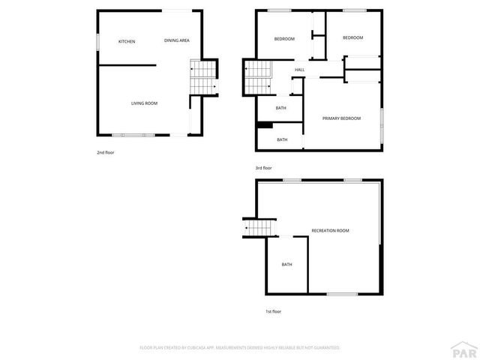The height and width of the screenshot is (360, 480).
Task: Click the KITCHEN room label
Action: (x=127, y=41)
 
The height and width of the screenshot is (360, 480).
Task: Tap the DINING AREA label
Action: (x=177, y=40)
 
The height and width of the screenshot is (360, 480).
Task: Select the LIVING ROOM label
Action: (x=144, y=103)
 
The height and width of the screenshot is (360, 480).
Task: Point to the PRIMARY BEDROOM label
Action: (x=341, y=118)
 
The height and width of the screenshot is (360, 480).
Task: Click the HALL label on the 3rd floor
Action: (x=299, y=70)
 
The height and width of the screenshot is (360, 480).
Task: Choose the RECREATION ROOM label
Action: (x=331, y=230)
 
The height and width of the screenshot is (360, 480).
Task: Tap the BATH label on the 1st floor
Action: (x=286, y=264)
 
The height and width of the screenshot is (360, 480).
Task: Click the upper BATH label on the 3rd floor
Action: (x=280, y=108)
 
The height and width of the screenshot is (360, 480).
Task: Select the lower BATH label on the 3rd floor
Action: (x=282, y=139)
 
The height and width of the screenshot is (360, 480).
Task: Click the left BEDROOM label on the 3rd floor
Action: (x=284, y=39)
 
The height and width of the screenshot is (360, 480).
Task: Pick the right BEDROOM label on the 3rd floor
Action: (x=352, y=37)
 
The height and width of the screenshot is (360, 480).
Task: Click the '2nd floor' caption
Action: (x=105, y=152)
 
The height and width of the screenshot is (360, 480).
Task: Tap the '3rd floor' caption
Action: (x=264, y=168)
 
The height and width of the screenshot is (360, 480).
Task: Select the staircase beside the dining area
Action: (x=202, y=78)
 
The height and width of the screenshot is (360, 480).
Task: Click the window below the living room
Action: (x=131, y=135)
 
